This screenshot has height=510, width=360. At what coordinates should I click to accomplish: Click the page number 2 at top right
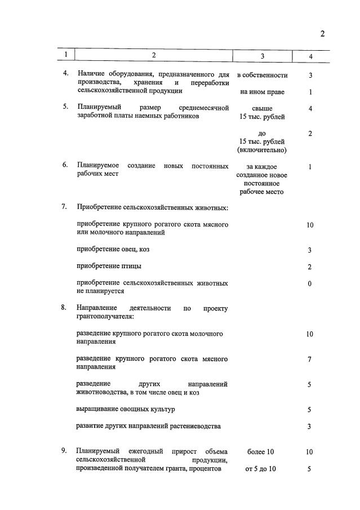[322, 33]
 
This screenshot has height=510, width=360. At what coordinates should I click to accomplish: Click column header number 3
[262, 56]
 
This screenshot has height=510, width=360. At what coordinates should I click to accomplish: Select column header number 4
[310, 56]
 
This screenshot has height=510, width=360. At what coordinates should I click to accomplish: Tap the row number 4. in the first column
[65, 74]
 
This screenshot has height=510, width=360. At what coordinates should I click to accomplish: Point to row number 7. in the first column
[65, 207]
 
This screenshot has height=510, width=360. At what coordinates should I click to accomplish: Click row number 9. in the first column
[65, 451]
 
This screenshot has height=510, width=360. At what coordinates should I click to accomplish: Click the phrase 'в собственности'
[262, 75]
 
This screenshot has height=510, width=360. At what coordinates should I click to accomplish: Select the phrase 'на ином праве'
[262, 91]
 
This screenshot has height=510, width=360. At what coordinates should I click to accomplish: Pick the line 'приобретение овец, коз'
[113, 249]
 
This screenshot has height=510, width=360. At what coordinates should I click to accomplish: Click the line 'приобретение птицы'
[109, 265]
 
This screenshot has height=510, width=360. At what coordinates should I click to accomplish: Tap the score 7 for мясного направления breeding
[310, 360]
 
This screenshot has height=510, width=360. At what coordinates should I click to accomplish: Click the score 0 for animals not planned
[310, 283]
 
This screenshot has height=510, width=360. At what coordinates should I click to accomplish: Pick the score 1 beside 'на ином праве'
[310, 92]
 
